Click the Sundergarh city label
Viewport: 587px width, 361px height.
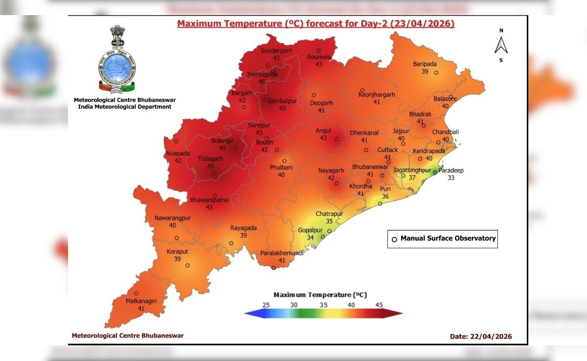tap(276, 50)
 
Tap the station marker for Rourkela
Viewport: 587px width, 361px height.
tap(318, 50)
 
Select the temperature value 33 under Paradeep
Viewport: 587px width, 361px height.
tap(451, 178)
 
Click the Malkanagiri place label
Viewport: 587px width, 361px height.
tap(141, 301)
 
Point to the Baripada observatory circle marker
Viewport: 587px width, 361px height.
tap(437, 72)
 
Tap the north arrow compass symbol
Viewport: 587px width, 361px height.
tap(501, 45)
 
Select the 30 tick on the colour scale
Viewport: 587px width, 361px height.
tap(293, 304)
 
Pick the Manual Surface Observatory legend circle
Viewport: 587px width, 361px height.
tap(394, 239)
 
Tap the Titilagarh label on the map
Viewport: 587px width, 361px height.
tap(210, 159)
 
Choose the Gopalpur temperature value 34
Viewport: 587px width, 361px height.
tap(310, 237)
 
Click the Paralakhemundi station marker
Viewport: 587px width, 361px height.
tap(273, 268)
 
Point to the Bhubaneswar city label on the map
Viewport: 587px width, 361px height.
tap(370, 167)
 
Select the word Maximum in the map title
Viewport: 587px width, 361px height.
tap(196, 23)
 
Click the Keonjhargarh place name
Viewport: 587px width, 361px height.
tap(377, 95)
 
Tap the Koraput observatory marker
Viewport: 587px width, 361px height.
tap(187, 266)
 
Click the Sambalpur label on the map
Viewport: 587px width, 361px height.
tap(282, 100)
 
